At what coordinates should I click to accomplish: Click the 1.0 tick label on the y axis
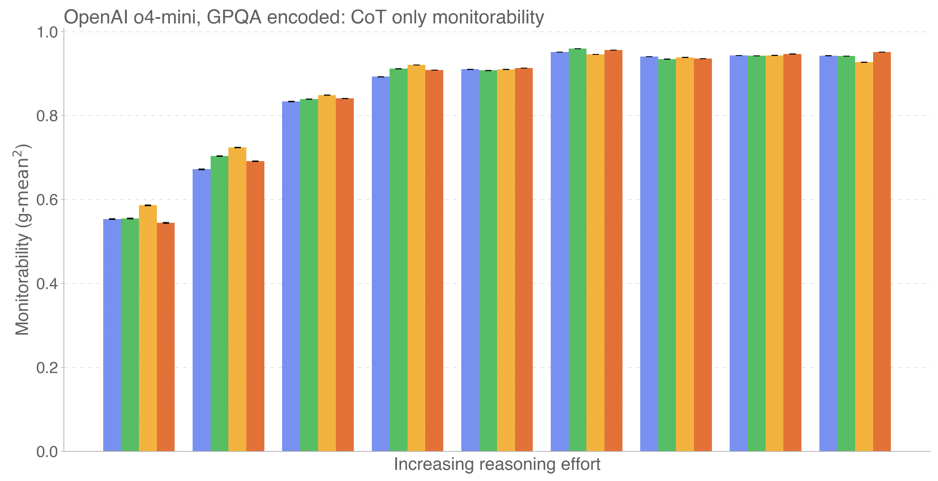[x=47, y=32]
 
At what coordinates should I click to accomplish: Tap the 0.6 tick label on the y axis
[x=47, y=200]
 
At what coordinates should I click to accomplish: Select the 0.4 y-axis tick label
[x=47, y=284]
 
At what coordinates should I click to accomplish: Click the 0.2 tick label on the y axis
[x=47, y=368]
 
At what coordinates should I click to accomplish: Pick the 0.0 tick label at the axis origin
[x=47, y=452]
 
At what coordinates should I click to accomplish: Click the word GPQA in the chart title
[x=234, y=17]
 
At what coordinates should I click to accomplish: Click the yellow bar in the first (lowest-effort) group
[x=148, y=327]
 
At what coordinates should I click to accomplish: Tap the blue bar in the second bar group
[x=201, y=309]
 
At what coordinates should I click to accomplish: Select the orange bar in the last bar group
[x=882, y=251]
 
